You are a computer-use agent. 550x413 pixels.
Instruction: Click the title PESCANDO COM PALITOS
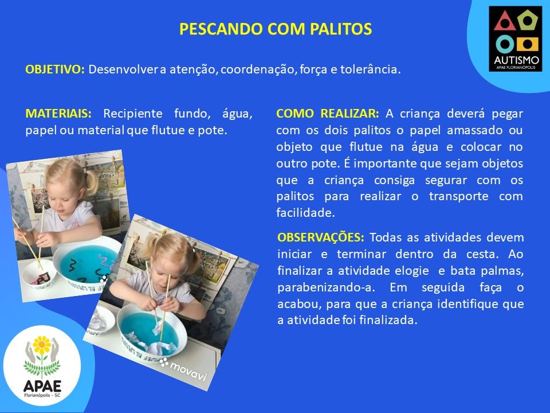point(276,29)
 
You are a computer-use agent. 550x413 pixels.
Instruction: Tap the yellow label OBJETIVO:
point(55,69)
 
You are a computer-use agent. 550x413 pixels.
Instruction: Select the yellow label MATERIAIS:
point(58,114)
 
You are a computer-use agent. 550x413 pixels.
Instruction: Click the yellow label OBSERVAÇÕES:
point(321,237)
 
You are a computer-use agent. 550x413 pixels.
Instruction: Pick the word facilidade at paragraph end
point(305,212)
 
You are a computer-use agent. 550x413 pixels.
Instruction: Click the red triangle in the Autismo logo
point(504,21)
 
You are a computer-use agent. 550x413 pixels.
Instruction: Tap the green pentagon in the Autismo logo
point(528,21)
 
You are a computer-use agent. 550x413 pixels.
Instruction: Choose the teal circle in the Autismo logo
point(505,44)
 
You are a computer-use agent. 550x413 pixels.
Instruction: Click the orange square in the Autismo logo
point(527,44)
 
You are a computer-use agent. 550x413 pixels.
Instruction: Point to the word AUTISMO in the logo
point(516,60)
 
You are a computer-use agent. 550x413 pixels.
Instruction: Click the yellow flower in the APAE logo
point(42,345)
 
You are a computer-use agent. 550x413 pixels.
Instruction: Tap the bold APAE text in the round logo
point(42,386)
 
